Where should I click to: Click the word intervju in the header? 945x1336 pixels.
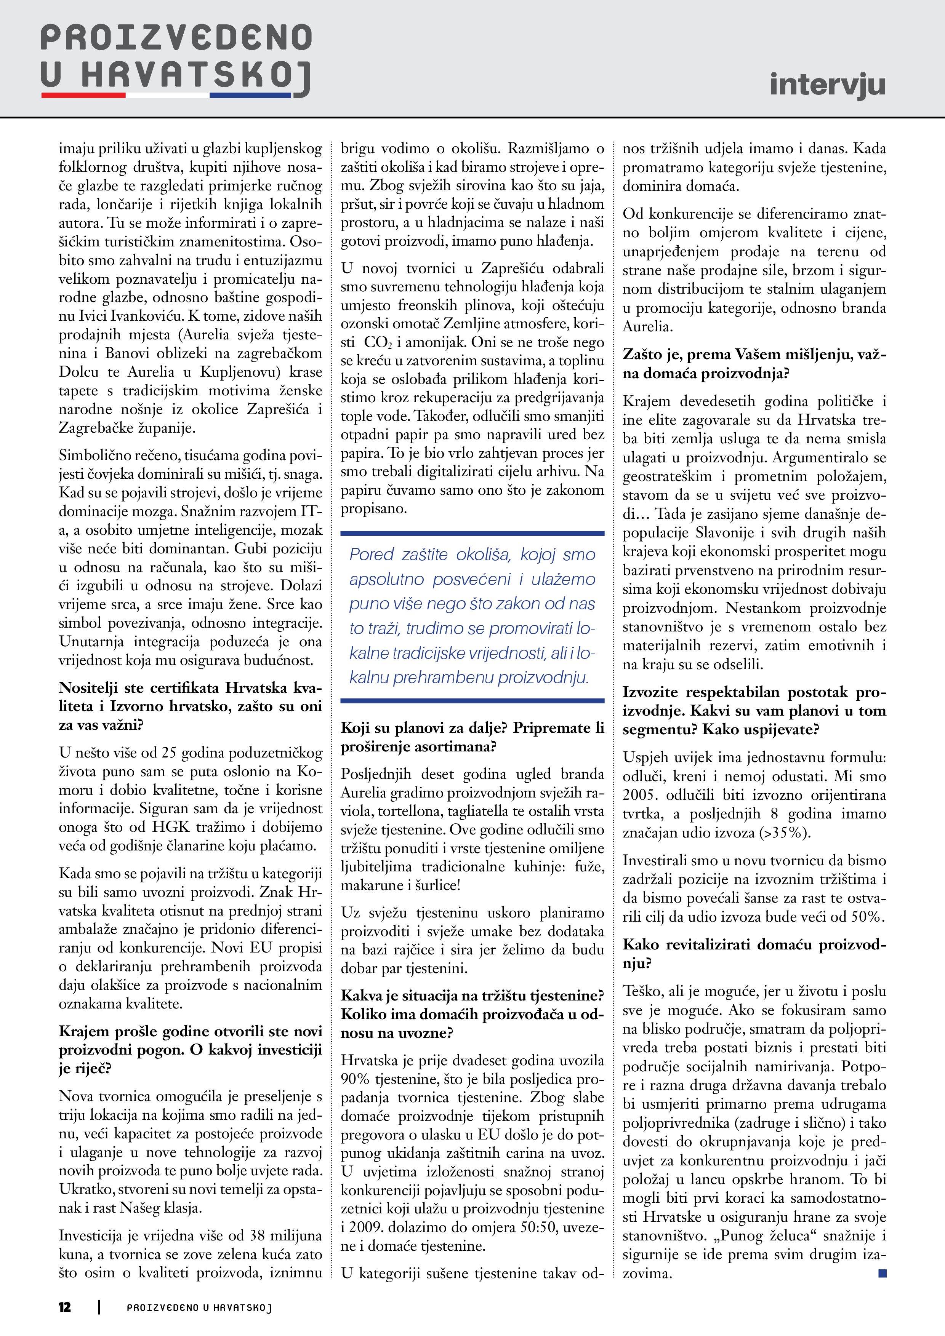point(827,85)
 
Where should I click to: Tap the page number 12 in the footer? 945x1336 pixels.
point(65,1307)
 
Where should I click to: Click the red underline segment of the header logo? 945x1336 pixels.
point(83,95)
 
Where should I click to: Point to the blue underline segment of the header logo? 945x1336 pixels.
point(250,95)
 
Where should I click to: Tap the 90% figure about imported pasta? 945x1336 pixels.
point(355,1079)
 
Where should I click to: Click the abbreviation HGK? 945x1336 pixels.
point(171,827)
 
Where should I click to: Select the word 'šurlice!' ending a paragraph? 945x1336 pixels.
point(437,885)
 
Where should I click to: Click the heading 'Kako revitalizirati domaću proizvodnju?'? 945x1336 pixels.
point(754,953)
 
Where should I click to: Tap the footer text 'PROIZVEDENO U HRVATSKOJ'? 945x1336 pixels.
point(199,1307)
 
